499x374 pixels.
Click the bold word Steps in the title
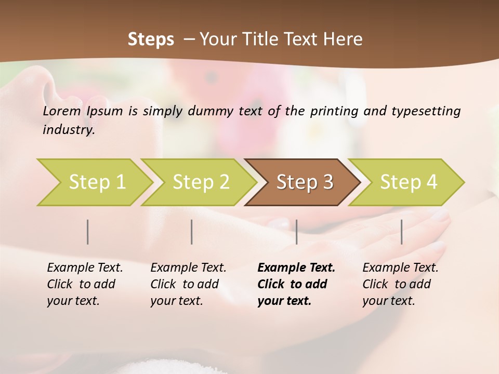point(151,39)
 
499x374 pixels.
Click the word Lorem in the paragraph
point(62,111)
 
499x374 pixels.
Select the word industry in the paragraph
point(68,130)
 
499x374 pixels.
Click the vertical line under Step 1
point(88,232)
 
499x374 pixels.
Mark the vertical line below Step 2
point(192,232)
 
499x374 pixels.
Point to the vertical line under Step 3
point(296,232)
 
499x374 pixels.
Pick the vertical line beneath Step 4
point(401,232)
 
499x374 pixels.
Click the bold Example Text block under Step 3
point(295,284)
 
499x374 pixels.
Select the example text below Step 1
point(84,284)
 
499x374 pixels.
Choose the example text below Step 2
point(188,284)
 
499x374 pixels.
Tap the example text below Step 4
point(400,284)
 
